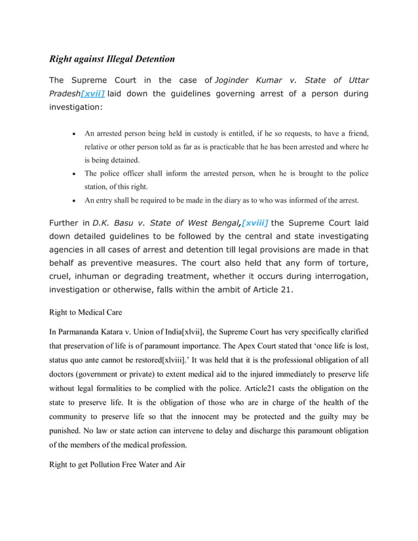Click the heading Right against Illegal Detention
(112, 59)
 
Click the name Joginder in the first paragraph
(237, 81)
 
